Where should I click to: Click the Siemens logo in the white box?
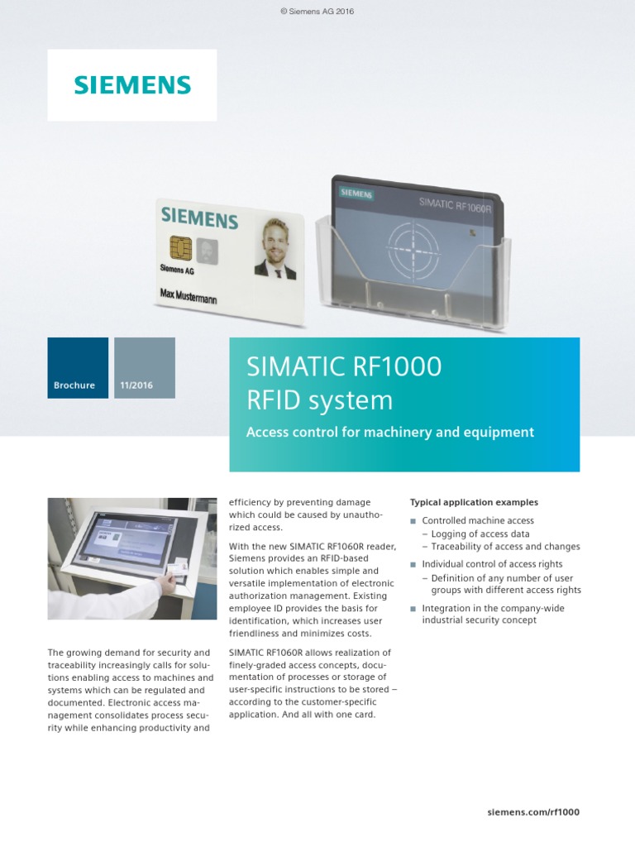coord(132,85)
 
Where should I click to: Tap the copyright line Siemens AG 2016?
coord(317,11)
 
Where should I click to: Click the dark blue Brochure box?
coord(77,368)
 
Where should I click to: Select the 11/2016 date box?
coord(145,368)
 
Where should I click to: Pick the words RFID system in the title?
coord(320,400)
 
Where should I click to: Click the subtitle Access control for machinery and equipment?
coord(390,432)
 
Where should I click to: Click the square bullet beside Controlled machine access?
coord(413,521)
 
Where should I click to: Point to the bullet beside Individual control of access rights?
coord(413,564)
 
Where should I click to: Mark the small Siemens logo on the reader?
coord(356,194)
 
